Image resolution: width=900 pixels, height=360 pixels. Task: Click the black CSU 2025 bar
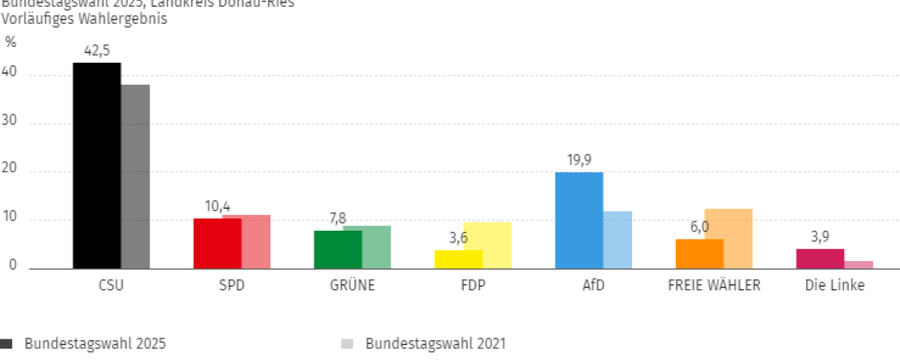[96, 165]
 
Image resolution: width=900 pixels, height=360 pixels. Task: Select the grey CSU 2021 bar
[135, 176]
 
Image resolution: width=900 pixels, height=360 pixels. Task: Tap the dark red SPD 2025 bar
[218, 244]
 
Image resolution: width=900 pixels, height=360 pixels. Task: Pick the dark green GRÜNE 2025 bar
[338, 250]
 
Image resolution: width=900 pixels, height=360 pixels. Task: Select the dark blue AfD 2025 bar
[579, 220]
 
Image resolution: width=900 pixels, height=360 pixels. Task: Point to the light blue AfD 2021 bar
[617, 240]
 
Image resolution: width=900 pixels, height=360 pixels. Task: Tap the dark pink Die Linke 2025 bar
[819, 259]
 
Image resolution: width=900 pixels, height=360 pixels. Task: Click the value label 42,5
[96, 51]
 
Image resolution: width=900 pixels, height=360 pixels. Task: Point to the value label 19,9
[579, 161]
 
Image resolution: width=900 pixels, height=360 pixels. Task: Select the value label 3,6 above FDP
[458, 238]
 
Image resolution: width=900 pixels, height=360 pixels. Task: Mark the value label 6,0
[699, 227]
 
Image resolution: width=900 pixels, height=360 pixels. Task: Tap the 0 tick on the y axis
[13, 266]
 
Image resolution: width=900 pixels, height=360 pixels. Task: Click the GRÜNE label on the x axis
[352, 286]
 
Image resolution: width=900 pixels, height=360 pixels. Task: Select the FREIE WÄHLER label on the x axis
[714, 286]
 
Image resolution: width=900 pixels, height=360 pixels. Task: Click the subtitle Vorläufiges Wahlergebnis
[84, 19]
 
